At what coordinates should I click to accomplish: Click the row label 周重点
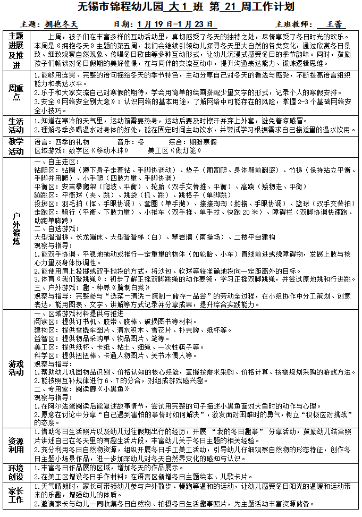coord(16,92)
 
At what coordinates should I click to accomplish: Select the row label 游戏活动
coord(16,368)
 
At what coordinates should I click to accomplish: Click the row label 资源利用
coord(16,446)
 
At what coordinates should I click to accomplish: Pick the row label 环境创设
coord(16,472)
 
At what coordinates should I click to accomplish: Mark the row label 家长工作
coord(16,495)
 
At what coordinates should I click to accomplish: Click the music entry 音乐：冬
coord(131,142)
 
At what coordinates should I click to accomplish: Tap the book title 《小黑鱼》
coord(111,389)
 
